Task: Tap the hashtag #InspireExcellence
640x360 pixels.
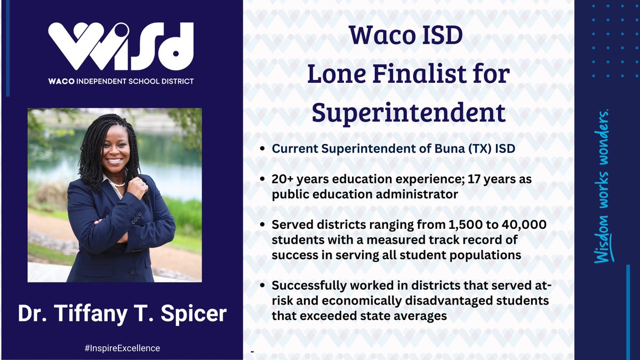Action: tap(122, 348)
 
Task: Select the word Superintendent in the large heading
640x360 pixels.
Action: tap(408, 113)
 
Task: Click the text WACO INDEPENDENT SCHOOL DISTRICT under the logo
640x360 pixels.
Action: tap(121, 81)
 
